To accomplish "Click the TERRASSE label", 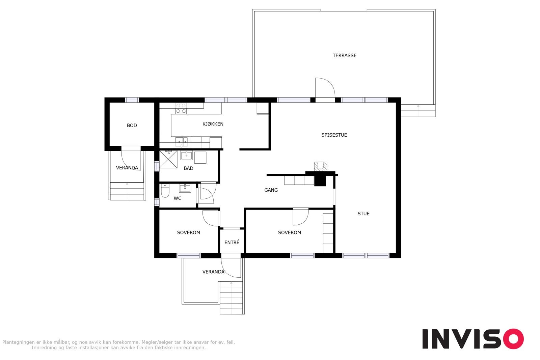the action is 344,55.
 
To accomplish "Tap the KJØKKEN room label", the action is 213,124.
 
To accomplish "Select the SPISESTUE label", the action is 334,135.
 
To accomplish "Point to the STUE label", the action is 363,214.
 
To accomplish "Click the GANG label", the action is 271,190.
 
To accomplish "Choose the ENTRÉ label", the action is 232,242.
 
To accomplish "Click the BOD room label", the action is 132,125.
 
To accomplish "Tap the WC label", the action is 178,198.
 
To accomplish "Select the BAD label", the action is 188,168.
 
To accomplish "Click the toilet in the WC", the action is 165,191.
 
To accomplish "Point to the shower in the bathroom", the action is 168,159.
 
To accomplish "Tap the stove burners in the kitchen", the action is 181,108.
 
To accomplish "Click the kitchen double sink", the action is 182,142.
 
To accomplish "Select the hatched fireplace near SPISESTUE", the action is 321,166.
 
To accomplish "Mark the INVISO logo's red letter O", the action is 513,339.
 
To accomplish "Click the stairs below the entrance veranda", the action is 232,298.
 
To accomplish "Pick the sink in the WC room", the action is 185,188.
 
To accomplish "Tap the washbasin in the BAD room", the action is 186,156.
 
